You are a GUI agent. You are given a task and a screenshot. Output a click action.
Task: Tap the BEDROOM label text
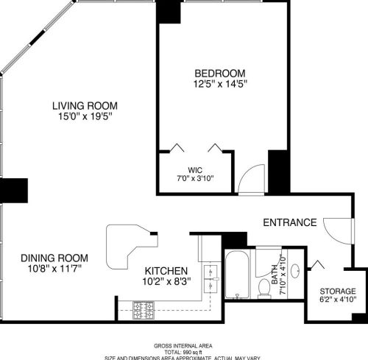click(219, 73)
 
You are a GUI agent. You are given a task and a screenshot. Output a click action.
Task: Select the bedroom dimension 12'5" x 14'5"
click(219, 84)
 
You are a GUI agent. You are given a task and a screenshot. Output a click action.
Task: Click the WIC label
click(195, 170)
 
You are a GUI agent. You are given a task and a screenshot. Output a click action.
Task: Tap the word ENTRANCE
click(290, 222)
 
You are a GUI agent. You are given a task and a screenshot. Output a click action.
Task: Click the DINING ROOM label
click(54, 258)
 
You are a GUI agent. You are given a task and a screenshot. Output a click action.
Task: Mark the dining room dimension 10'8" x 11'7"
click(54, 269)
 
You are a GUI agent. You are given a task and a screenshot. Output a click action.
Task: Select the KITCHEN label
click(166, 271)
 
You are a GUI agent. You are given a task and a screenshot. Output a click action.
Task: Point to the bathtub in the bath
click(238, 275)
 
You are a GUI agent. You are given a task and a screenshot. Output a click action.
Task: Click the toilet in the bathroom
click(264, 287)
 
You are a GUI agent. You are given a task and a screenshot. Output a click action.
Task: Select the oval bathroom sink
click(295, 270)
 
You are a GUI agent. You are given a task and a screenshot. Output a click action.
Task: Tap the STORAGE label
click(337, 291)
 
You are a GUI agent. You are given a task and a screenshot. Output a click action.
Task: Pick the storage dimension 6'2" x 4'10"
click(337, 300)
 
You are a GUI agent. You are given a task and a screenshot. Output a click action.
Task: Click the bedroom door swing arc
click(251, 179)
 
